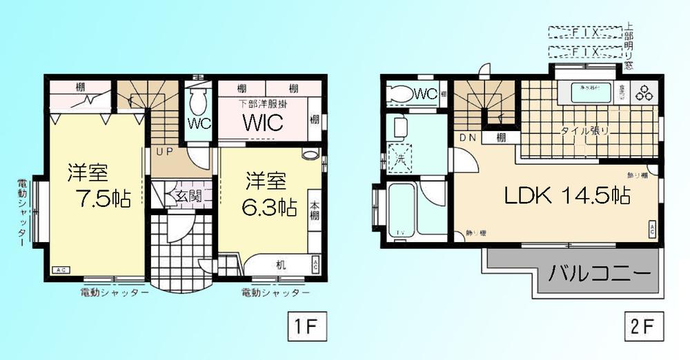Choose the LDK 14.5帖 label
(x=566, y=196)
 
